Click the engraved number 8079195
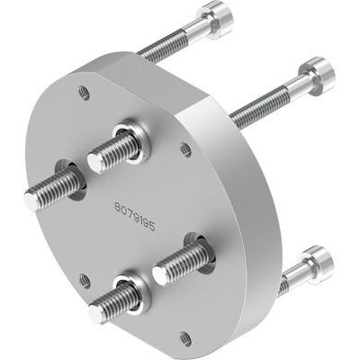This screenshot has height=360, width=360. pyautogui.click(x=134, y=215)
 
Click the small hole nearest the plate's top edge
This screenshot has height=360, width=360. pyautogui.click(x=83, y=91)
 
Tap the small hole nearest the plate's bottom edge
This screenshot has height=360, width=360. pyautogui.click(x=184, y=337)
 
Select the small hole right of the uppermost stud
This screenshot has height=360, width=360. pyautogui.click(x=185, y=148)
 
